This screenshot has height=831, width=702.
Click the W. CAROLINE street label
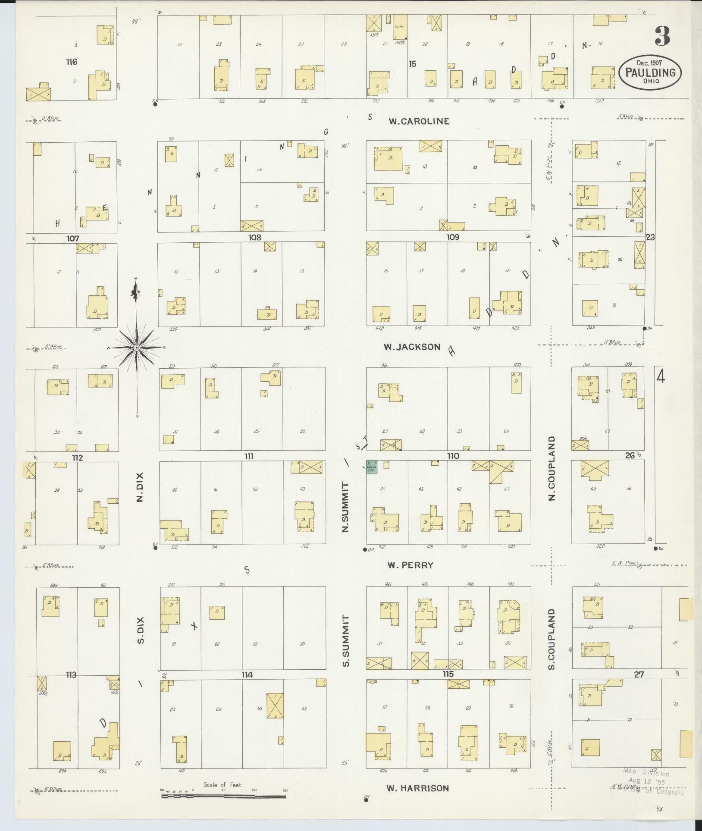click(x=418, y=121)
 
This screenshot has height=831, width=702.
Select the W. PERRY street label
click(x=410, y=565)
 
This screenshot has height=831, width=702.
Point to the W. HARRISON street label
click(x=417, y=788)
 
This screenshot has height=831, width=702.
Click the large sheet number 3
click(x=662, y=37)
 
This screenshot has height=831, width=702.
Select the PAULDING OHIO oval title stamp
click(x=650, y=72)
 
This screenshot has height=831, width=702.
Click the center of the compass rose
click(x=136, y=348)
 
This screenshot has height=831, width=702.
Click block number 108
click(x=255, y=237)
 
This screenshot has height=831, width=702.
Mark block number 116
click(x=72, y=62)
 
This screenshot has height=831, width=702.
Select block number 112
click(x=77, y=458)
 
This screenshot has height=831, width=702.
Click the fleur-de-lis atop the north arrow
click(x=136, y=293)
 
